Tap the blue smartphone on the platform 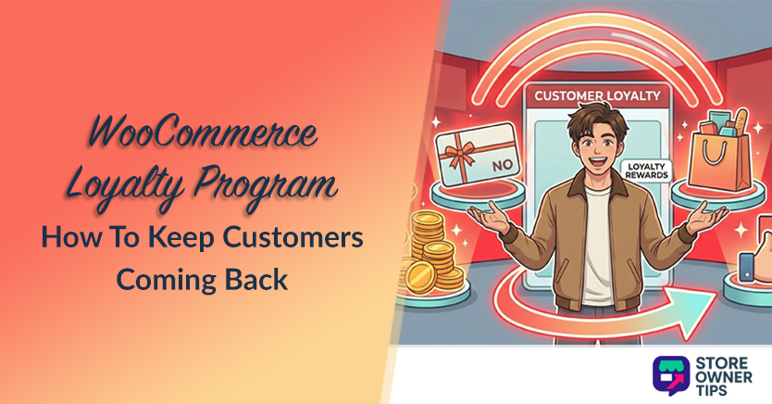[x=746, y=270]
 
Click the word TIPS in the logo [x=720, y=391]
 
